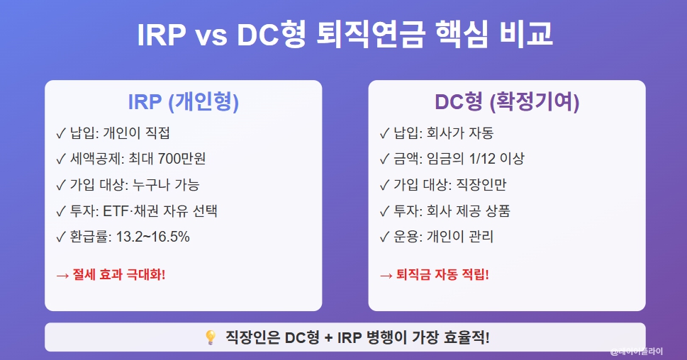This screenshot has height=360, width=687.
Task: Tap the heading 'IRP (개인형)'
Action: click(183, 103)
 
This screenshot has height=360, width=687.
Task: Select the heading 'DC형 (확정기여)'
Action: click(507, 103)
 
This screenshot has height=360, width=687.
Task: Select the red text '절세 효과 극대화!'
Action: click(118, 275)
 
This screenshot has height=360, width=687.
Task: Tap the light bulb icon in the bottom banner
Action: click(210, 338)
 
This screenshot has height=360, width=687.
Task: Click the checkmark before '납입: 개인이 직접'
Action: click(60, 133)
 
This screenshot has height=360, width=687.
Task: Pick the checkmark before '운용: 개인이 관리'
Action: click(384, 237)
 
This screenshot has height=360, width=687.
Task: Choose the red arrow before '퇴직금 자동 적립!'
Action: click(386, 275)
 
